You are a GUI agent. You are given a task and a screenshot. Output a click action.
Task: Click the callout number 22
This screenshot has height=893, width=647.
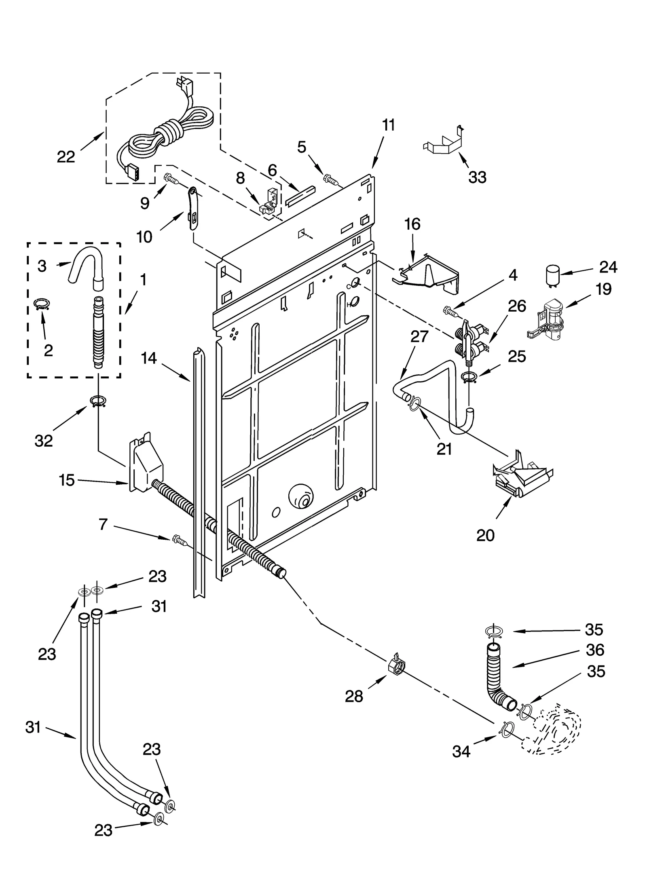pyautogui.click(x=66, y=156)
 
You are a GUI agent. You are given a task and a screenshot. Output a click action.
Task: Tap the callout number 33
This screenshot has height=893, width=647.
pyautogui.click(x=477, y=177)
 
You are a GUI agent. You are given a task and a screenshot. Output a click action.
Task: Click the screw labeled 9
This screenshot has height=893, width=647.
pyautogui.click(x=171, y=178)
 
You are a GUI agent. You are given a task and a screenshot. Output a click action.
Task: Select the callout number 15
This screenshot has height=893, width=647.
pyautogui.click(x=67, y=480)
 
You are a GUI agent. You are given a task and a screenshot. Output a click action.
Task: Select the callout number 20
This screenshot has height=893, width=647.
pyautogui.click(x=485, y=535)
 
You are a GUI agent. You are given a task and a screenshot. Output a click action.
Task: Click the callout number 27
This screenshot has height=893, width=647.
pyautogui.click(x=419, y=336)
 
